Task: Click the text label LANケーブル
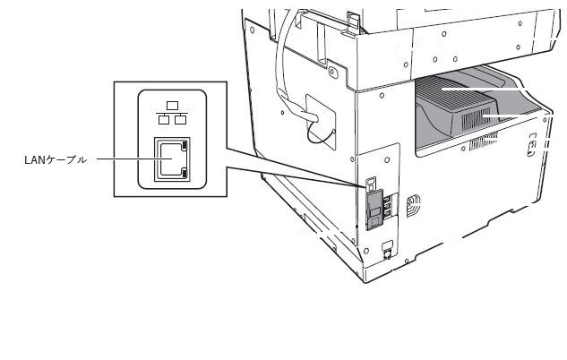56,159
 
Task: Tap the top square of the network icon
173,106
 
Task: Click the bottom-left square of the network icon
164,119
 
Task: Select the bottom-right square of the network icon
180,119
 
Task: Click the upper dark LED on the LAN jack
185,145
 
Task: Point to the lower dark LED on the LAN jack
185,174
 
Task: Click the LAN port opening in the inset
172,159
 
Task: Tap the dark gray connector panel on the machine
374,210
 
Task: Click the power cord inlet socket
413,205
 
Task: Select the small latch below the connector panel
387,249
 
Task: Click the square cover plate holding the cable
321,122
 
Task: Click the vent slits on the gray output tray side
475,119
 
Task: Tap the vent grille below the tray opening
484,141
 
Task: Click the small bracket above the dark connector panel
371,184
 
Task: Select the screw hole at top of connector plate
387,159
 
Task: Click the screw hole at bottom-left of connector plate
366,251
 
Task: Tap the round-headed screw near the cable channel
333,73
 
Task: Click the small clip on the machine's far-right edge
531,145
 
